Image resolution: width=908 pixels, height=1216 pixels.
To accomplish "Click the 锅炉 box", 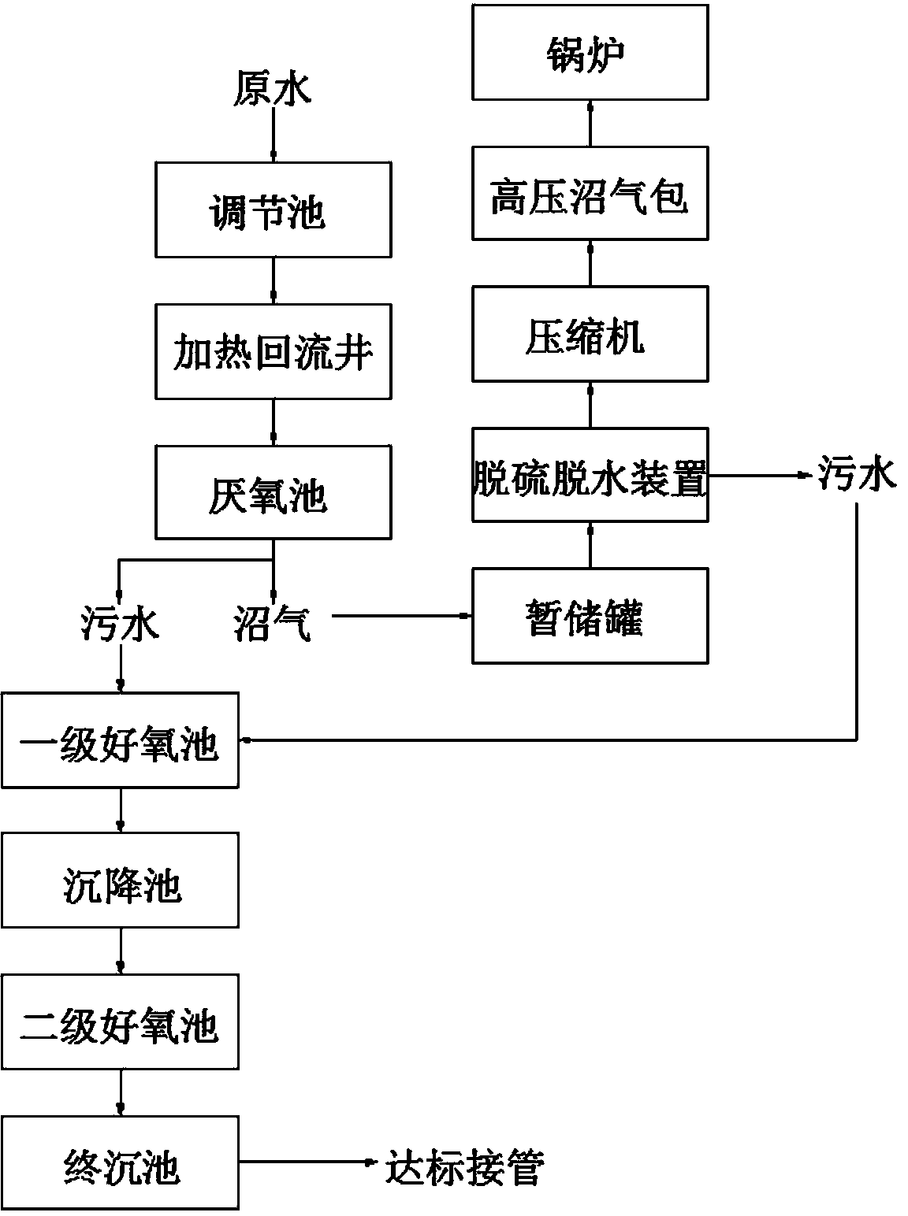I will [x=590, y=52].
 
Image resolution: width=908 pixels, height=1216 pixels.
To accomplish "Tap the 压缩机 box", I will [x=590, y=335].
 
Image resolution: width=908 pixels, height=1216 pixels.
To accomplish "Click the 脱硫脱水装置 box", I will [x=590, y=475].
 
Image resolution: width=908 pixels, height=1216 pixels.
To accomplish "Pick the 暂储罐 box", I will [x=590, y=617].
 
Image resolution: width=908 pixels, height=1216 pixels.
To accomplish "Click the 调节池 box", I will [x=273, y=210].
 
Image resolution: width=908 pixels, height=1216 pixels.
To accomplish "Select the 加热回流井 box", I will [x=273, y=352].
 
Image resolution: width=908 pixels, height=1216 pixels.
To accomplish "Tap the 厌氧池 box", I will [x=273, y=493].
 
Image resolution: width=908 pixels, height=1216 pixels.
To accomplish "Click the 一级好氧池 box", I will [x=120, y=740].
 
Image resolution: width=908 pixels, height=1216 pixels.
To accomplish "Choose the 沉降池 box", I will [x=120, y=881].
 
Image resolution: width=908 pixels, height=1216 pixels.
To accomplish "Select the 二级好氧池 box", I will [x=120, y=1022].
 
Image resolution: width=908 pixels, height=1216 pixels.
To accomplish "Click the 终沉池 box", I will [x=120, y=1163].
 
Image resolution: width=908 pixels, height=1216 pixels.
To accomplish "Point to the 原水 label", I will [x=273, y=88].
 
